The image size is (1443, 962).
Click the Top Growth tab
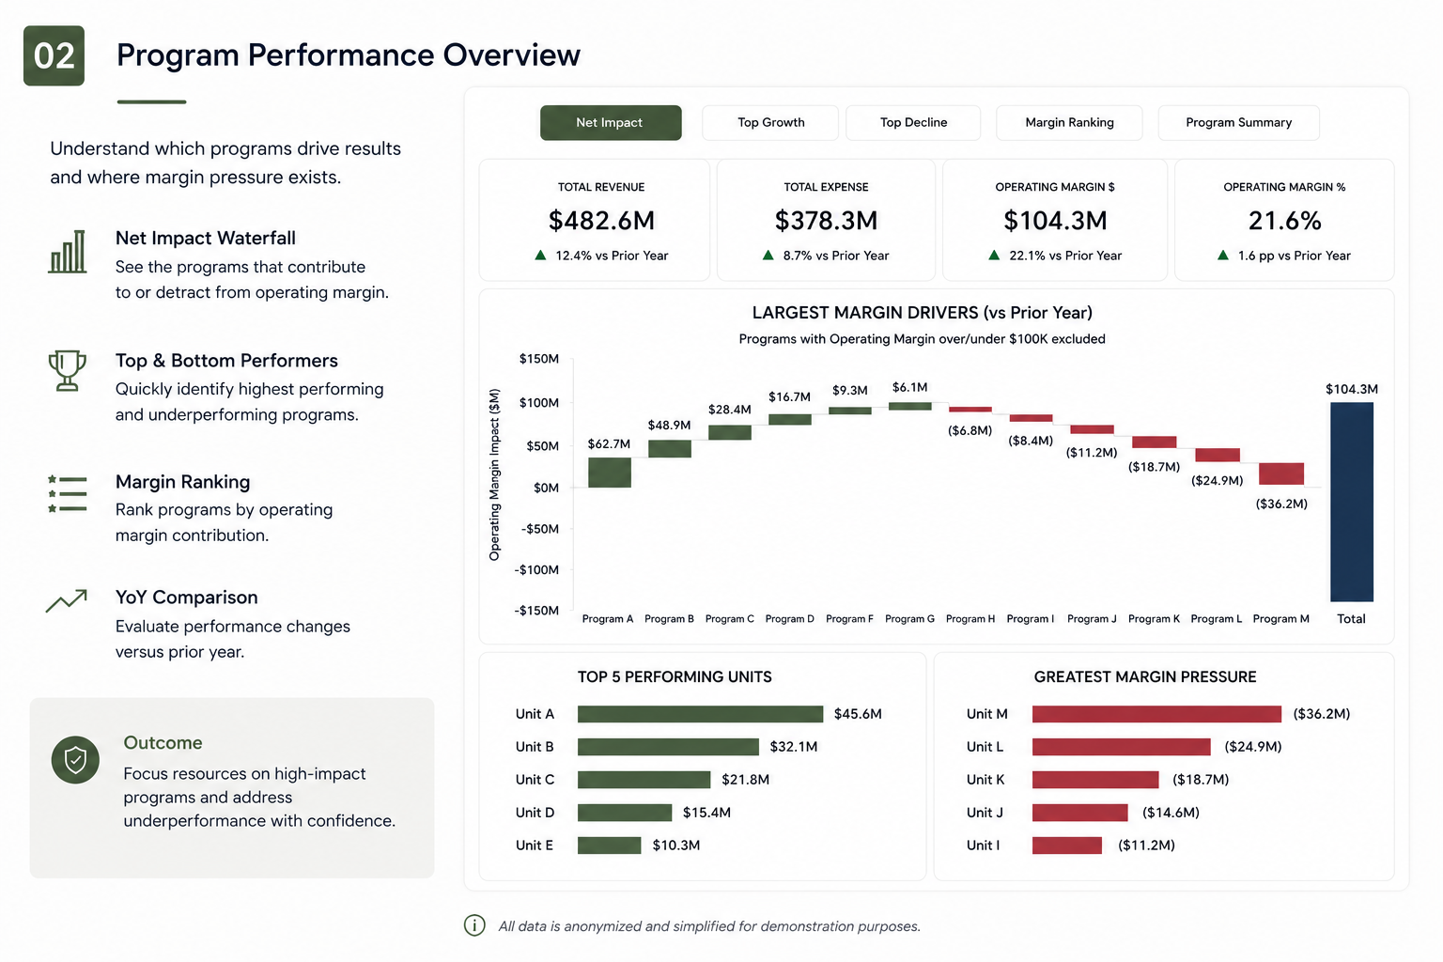[770, 122]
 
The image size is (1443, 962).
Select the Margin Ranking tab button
[1069, 122]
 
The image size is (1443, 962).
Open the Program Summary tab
[1239, 122]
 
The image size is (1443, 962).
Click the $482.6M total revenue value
[601, 221]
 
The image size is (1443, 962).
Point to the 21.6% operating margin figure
[1284, 221]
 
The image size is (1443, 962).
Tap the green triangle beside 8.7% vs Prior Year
[768, 256]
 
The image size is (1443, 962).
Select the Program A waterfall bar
[610, 473]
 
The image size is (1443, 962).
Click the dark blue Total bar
[1352, 502]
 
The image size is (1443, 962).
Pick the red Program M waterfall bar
[1281, 473]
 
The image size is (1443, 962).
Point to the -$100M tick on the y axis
[536, 569]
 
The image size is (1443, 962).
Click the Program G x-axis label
[909, 618]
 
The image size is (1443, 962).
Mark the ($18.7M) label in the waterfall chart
[1154, 467]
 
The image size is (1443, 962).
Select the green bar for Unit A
[700, 714]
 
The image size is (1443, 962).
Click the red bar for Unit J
[1079, 813]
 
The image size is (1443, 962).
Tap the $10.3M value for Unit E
[675, 846]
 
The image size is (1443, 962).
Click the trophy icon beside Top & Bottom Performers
[67, 370]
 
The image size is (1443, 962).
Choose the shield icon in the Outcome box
[75, 760]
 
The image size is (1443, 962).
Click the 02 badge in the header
[54, 56]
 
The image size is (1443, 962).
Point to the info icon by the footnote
[474, 925]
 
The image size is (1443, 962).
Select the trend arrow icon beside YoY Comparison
[67, 600]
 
